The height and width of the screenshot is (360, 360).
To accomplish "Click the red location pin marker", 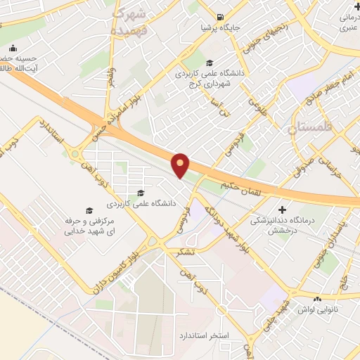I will [x=181, y=165].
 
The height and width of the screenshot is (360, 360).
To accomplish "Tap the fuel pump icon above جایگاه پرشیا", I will [x=221, y=18].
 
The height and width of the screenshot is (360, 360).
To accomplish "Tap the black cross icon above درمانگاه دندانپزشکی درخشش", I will [x=283, y=210].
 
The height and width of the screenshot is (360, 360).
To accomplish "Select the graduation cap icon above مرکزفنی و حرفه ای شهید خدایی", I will [x=89, y=210].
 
